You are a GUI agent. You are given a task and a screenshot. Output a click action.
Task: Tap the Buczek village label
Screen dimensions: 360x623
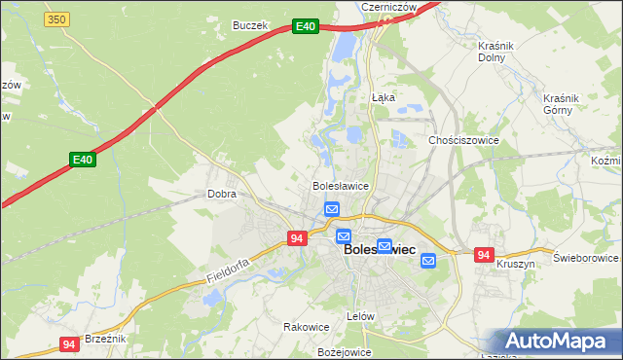pos(249,25)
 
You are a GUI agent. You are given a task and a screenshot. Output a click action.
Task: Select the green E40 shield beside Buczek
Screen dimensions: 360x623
pos(306,26)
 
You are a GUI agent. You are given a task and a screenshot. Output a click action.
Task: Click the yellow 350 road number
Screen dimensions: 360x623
pos(57,18)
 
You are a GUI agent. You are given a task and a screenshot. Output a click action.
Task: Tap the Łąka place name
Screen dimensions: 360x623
pos(383,97)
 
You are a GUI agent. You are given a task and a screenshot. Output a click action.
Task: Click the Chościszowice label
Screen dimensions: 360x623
pos(463,140)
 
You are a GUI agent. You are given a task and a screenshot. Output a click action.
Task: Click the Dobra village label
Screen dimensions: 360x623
pos(222,194)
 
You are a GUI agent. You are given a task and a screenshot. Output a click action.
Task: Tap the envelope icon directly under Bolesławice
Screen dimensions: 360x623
pos(332,208)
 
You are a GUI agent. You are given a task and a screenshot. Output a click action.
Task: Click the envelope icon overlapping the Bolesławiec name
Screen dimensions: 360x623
pos(385,247)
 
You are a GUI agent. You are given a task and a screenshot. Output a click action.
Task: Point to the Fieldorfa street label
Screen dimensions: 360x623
pos(229,270)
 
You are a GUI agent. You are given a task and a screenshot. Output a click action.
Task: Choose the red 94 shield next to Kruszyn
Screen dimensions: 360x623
pos(484,255)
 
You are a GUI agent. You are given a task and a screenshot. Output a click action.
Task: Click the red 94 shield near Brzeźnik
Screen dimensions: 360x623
pos(68,343)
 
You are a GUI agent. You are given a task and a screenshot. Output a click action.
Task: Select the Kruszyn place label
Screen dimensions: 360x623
pos(516,264)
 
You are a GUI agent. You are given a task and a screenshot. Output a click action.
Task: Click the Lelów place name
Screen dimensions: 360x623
pos(360,316)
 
